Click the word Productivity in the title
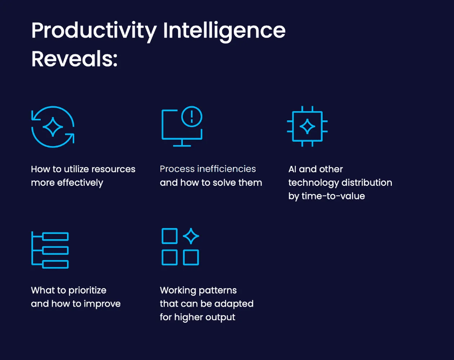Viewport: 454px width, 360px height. pyautogui.click(x=94, y=31)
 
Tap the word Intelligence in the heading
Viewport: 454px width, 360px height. pyautogui.click(x=224, y=31)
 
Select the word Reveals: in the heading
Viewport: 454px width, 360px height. pyautogui.click(x=74, y=59)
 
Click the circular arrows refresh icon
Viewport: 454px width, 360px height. pyautogui.click(x=53, y=127)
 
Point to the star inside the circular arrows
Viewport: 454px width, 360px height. pyautogui.click(x=53, y=127)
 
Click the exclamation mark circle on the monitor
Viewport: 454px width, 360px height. pyautogui.click(x=192, y=116)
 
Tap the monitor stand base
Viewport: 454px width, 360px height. pyautogui.click(x=182, y=145)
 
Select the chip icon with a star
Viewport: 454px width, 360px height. pyautogui.click(x=307, y=126)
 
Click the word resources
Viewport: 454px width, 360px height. pyautogui.click(x=114, y=169)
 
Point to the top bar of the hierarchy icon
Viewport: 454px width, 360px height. pyautogui.click(x=55, y=237)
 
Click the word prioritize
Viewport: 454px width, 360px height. pyautogui.click(x=87, y=290)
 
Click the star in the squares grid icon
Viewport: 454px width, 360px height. pyautogui.click(x=191, y=236)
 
